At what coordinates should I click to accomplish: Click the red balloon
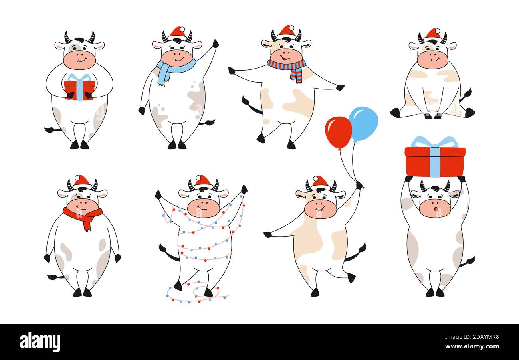(338, 132)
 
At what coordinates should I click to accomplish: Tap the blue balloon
(363, 123)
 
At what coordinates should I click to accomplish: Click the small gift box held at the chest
(79, 89)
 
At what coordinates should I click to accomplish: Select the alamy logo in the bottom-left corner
(40, 342)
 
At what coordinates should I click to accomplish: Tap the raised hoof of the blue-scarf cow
(216, 43)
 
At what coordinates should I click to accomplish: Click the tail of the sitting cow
(466, 95)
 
